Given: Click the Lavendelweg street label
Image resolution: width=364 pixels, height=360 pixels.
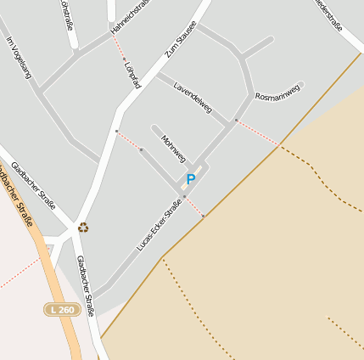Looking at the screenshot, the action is [x=192, y=98].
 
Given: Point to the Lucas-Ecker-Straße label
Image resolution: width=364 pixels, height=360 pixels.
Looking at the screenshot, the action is [x=160, y=225].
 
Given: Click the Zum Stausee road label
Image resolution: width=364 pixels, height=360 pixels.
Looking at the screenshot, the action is [x=180, y=38].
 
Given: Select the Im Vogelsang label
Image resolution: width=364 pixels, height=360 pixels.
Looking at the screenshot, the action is [x=18, y=58].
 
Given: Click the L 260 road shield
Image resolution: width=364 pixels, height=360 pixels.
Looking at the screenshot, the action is [x=62, y=310].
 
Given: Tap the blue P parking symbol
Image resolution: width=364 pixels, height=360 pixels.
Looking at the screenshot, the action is [x=190, y=179].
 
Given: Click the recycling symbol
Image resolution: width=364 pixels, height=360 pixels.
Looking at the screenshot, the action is [x=83, y=227].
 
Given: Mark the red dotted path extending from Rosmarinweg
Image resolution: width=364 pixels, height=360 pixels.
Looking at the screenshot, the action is [x=257, y=132].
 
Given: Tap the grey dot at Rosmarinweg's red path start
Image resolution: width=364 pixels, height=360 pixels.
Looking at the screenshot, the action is [x=236, y=121].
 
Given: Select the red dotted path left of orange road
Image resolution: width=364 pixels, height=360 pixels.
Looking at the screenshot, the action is [x=19, y=273].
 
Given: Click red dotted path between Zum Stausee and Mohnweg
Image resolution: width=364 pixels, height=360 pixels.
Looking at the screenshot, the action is [x=129, y=140].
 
